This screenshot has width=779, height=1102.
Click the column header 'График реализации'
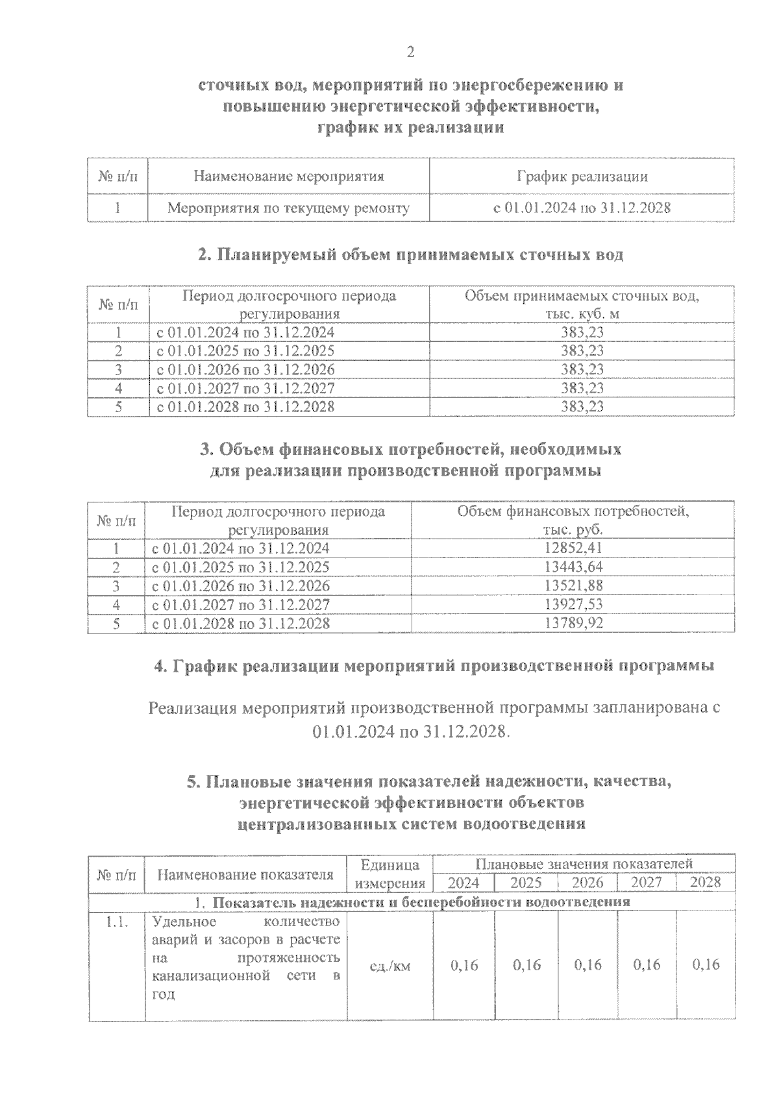(x=582, y=176)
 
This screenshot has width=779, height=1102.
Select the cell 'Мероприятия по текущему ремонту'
(x=288, y=208)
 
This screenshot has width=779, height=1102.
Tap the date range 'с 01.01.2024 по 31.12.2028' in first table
(x=582, y=208)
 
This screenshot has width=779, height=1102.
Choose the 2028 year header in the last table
(x=705, y=883)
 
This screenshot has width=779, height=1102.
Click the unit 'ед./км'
(x=389, y=966)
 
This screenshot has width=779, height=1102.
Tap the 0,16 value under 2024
(x=464, y=965)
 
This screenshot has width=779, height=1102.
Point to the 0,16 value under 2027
(x=647, y=965)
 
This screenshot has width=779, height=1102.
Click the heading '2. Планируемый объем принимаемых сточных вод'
(x=410, y=255)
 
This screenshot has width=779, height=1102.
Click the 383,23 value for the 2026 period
(x=582, y=369)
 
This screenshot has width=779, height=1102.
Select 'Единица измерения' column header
(x=389, y=874)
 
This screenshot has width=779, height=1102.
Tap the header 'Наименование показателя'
(x=246, y=874)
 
